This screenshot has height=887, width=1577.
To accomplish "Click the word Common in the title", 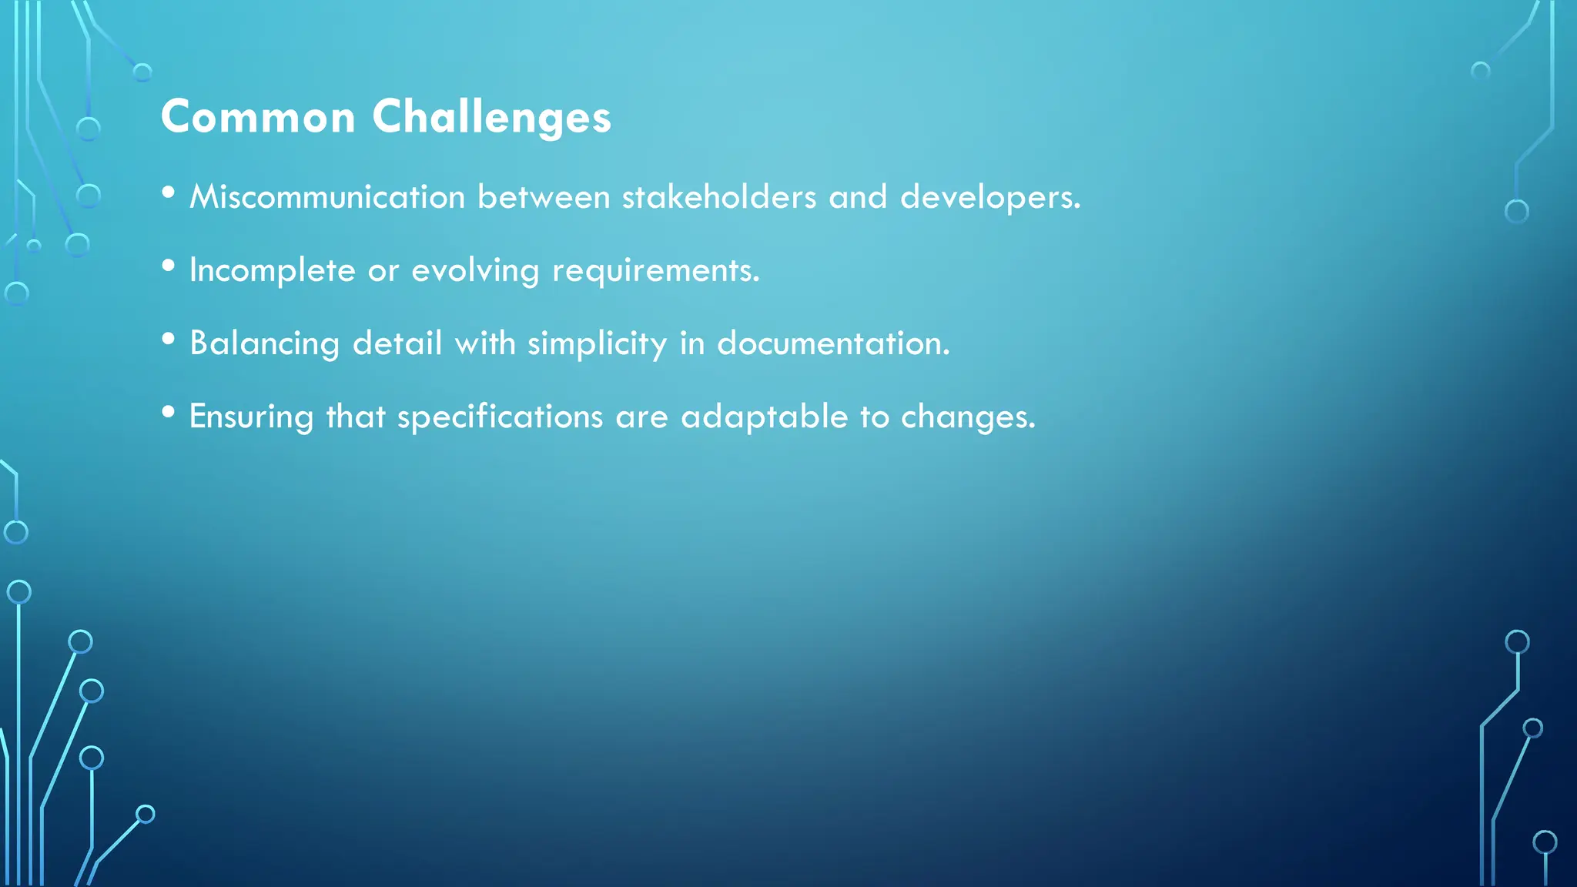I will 258,117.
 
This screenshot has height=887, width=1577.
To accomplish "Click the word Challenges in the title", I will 491,117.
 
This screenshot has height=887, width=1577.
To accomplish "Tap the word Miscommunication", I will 327,197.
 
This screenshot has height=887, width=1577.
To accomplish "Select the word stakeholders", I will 719,197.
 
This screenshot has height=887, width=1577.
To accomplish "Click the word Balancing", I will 264,343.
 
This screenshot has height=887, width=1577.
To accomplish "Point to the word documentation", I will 833,343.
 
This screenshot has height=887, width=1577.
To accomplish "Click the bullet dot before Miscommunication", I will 169,192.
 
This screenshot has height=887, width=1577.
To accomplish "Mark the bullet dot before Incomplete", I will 169,266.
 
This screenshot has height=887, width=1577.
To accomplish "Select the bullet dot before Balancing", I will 169,339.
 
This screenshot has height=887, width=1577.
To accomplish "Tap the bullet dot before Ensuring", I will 169,412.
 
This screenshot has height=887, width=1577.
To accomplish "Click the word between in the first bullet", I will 544,197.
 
